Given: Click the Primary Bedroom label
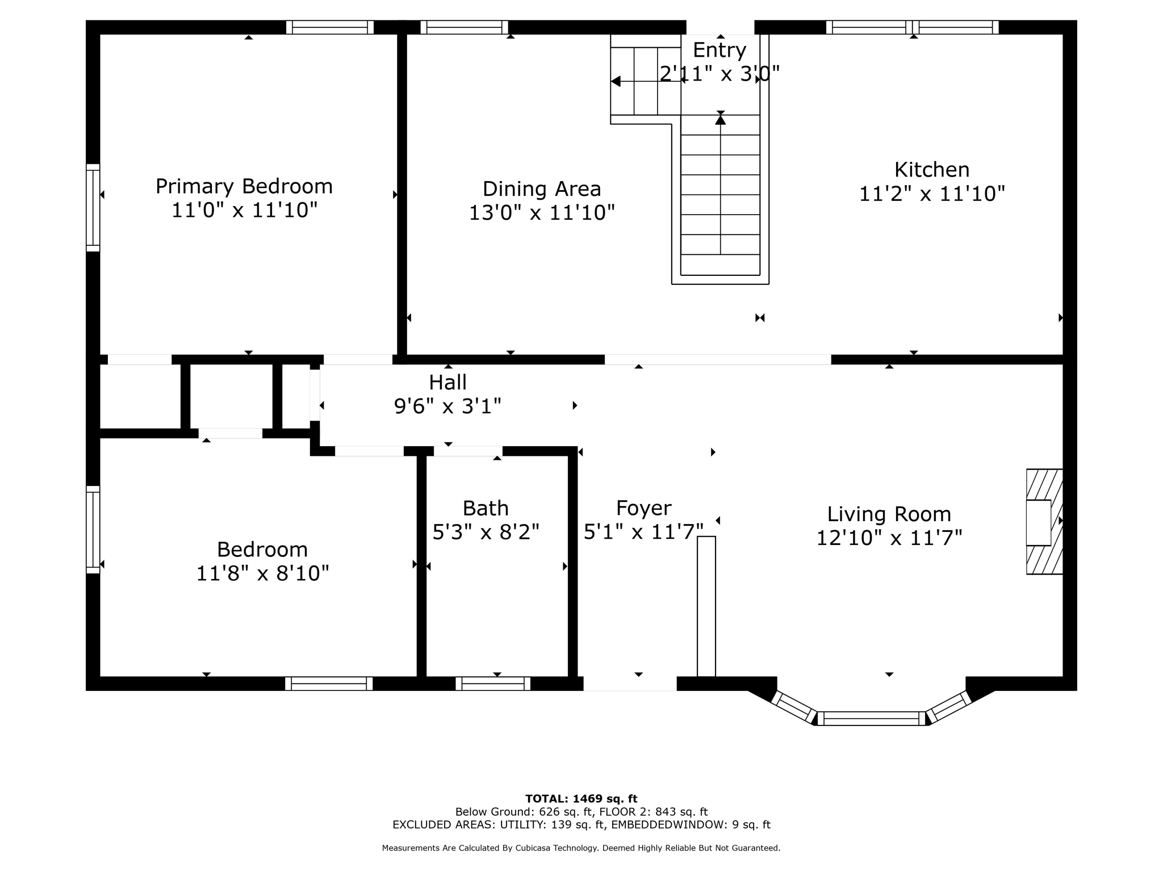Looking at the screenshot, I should (x=244, y=186).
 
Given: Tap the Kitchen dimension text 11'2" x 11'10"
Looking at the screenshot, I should (x=931, y=194).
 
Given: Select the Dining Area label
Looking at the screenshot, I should (x=541, y=188).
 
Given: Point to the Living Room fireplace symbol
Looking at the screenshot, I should (x=1043, y=522).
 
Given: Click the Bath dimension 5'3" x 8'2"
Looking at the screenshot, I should (x=486, y=533).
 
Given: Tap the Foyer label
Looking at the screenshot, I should (x=643, y=508).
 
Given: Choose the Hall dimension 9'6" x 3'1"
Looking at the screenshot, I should (x=447, y=406).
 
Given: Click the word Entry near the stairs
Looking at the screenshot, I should (x=719, y=50).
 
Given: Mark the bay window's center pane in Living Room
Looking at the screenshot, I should (x=871, y=719).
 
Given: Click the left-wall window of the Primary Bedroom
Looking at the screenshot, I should (x=93, y=208).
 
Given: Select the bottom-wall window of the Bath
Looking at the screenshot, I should (x=493, y=684).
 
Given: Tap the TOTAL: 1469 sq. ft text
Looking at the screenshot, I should (x=581, y=799).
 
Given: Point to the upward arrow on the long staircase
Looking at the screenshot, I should (x=720, y=119).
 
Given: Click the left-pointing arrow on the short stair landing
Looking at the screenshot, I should (x=616, y=82).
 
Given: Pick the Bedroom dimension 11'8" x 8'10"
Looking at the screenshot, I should (x=262, y=573).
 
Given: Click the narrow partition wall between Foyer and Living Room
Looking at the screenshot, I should (x=706, y=606).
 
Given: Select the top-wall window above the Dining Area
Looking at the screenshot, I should (x=465, y=27).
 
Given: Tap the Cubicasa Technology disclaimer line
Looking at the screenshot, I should (x=581, y=848).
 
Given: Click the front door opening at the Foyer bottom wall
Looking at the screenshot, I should (x=630, y=684).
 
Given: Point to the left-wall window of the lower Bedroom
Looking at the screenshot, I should (x=93, y=530).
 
